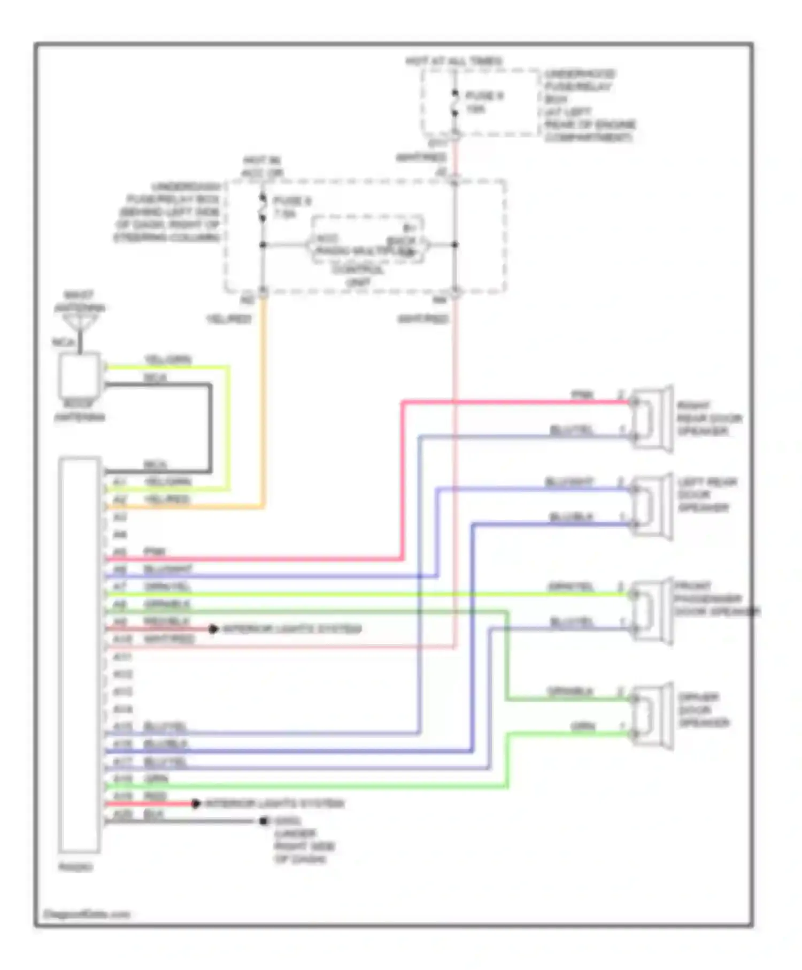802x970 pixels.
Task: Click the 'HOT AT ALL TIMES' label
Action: (x=454, y=61)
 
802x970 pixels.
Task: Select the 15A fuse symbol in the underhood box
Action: (x=454, y=103)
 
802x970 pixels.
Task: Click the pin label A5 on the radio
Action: (x=120, y=551)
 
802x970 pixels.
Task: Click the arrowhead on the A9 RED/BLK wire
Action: (x=213, y=629)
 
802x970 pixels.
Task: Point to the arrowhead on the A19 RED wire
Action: (x=196, y=803)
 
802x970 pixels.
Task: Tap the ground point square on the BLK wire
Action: (x=263, y=821)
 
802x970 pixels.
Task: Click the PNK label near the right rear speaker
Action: (x=582, y=395)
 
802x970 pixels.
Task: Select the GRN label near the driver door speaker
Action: (x=582, y=726)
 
